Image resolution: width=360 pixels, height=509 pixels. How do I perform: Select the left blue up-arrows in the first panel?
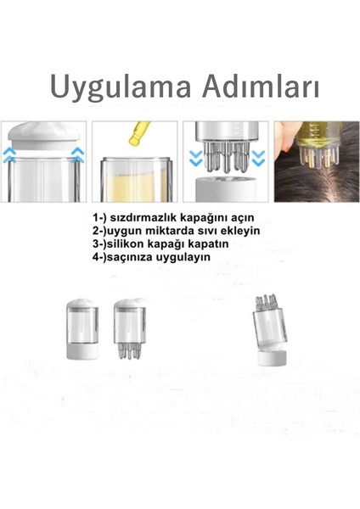click(x=9, y=154)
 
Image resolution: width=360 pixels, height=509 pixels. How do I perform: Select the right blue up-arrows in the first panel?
click(x=78, y=154)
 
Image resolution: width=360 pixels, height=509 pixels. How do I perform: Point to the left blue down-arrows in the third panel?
click(x=194, y=157)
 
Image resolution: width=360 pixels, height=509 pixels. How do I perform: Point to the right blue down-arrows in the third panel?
click(x=259, y=157)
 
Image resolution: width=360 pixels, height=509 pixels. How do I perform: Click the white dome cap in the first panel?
click(x=42, y=134)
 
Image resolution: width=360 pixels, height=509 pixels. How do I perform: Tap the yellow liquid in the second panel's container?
click(x=134, y=182)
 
